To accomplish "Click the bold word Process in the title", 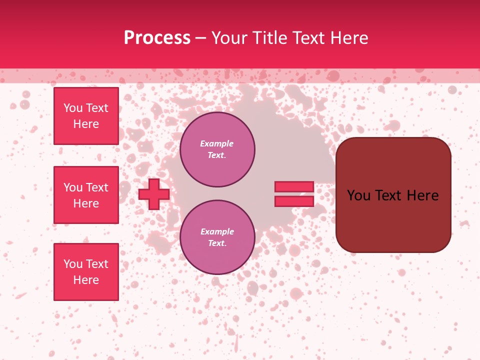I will pos(157,38).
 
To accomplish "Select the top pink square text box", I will pos(86,116).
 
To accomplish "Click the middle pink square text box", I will pos(86,195).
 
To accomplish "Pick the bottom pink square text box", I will pos(86,272).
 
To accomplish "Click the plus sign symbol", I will pos(153,194).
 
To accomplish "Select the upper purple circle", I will pos(217,149).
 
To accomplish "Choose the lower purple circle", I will pos(217,237).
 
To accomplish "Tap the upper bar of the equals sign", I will pos(294,186).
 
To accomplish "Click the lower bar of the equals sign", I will pos(294,201).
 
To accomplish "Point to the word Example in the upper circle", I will pos(217,143).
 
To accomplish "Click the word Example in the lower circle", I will pos(217,231).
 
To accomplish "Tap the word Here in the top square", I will pos(86,124).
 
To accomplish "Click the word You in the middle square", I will pos(73,187).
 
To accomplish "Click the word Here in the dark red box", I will pos(422,195).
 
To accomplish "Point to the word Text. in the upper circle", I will pos(217,155).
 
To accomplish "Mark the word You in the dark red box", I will pos(359,195).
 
